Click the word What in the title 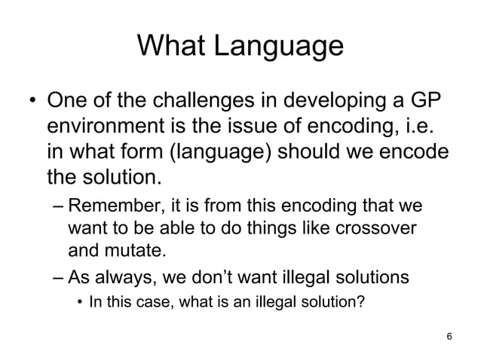173,47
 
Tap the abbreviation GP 424,101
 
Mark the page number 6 449,335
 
